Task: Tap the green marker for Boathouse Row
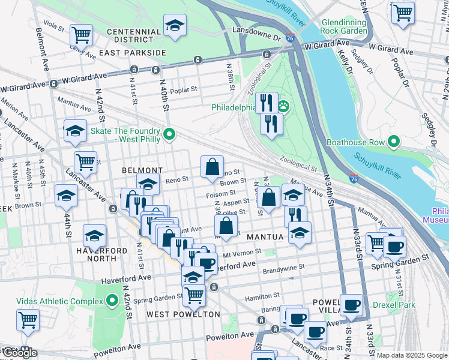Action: click(x=394, y=142)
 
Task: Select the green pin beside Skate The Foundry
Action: click(x=169, y=134)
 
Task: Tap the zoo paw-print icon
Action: click(x=283, y=107)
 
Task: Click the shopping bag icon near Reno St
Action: click(x=212, y=167)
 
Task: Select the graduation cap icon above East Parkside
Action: click(x=175, y=26)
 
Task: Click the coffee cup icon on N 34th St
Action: click(x=351, y=305)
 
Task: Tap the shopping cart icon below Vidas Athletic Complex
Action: click(x=28, y=320)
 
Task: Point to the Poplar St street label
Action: click(x=184, y=90)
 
